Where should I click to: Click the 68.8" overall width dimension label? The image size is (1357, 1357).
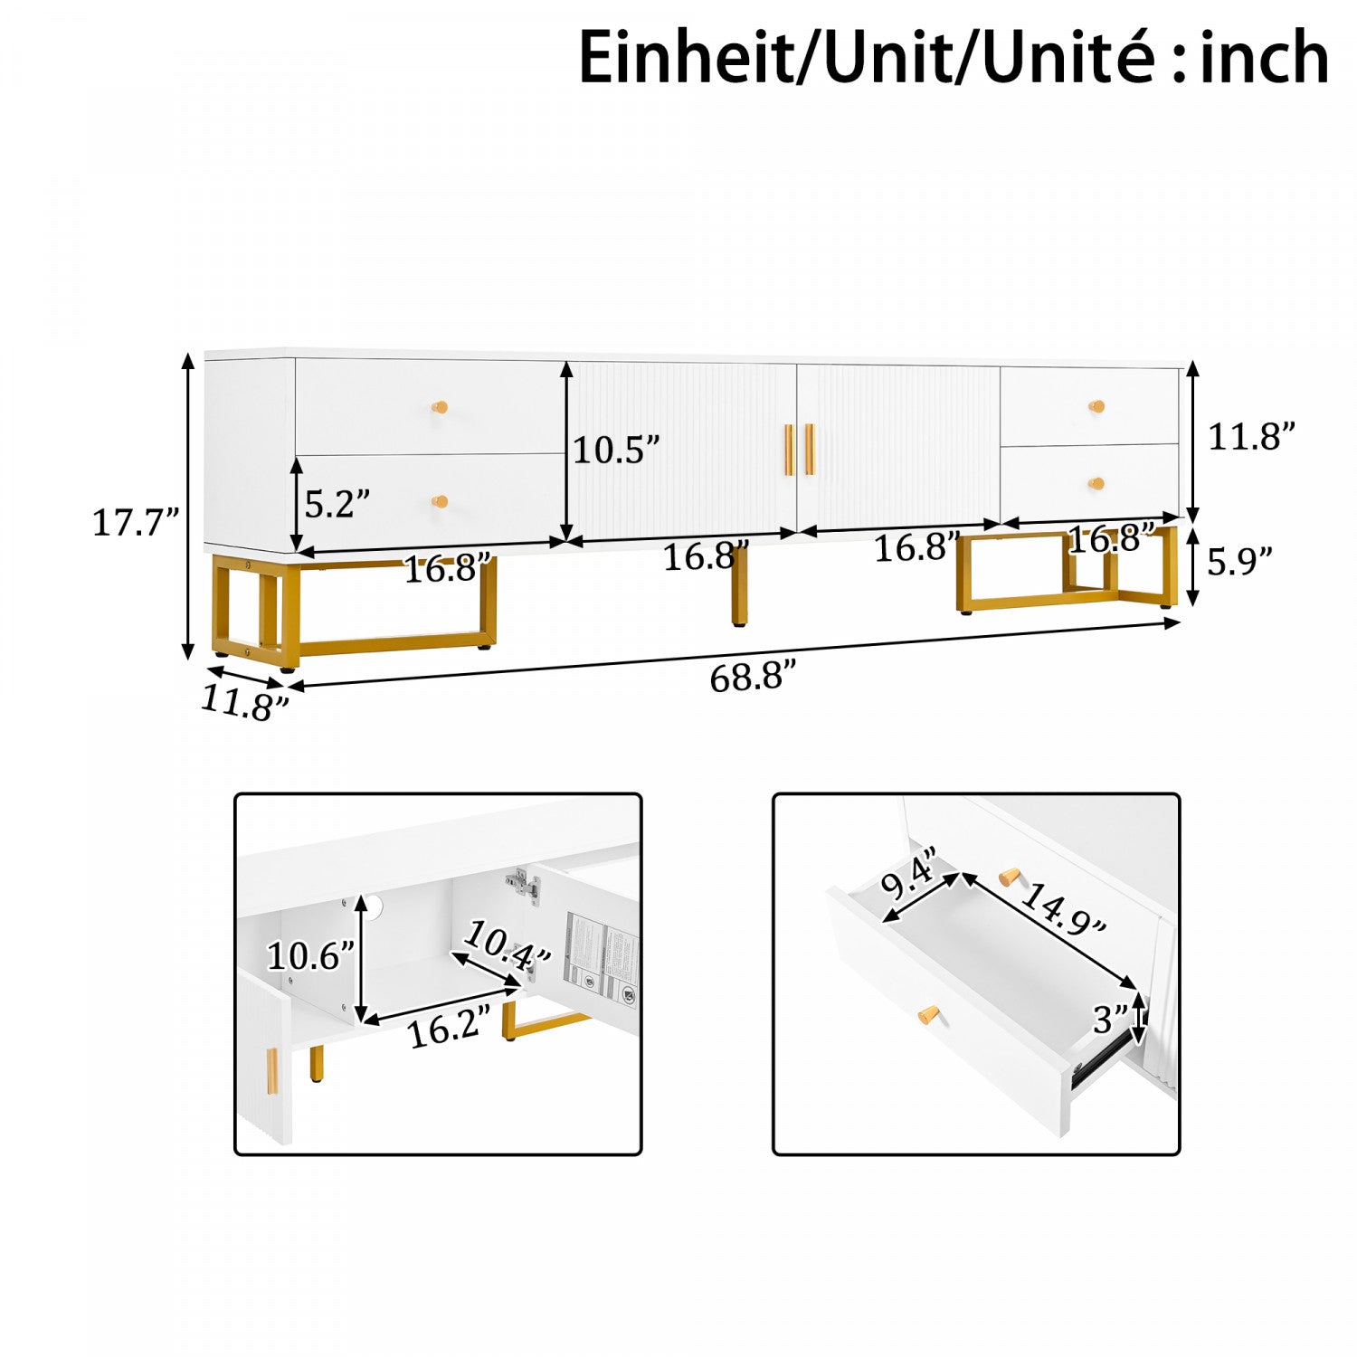753,677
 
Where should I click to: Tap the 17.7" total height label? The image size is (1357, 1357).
136,523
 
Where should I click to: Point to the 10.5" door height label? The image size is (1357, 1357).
616,450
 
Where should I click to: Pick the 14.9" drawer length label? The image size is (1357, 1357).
1063,908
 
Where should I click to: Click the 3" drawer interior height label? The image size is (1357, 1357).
1110,1020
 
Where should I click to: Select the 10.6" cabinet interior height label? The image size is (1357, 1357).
310,956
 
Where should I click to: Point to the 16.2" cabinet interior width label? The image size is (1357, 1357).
450,1028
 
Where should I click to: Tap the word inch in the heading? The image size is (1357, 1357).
1265,56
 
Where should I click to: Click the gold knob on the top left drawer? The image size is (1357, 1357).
441,407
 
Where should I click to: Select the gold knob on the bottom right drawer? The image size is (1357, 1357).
1096,484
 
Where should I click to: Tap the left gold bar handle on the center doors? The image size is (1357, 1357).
789,450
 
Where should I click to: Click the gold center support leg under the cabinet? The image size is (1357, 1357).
740,586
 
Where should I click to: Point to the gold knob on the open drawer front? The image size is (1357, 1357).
926,1015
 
